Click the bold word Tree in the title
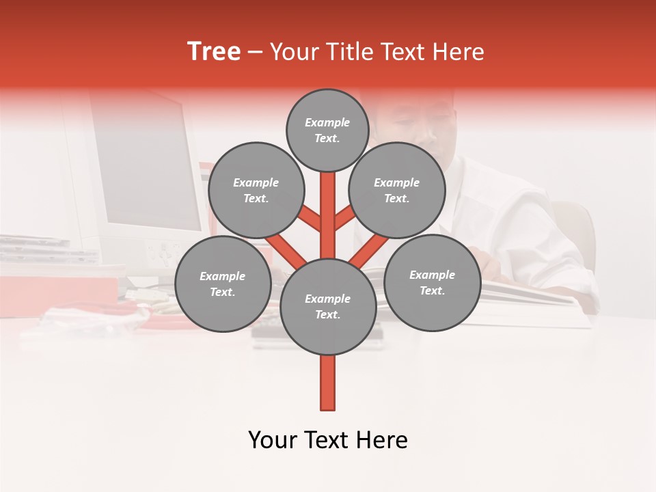pos(214,51)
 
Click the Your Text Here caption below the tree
pos(328,440)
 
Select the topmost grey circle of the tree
pos(327,130)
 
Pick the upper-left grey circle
pos(256,190)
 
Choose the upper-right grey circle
pos(397,190)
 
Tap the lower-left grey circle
pos(223,284)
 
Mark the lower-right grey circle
pos(432,282)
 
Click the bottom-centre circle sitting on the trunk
pos(327,306)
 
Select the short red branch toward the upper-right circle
pos(344,218)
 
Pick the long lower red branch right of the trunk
pos(368,250)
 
